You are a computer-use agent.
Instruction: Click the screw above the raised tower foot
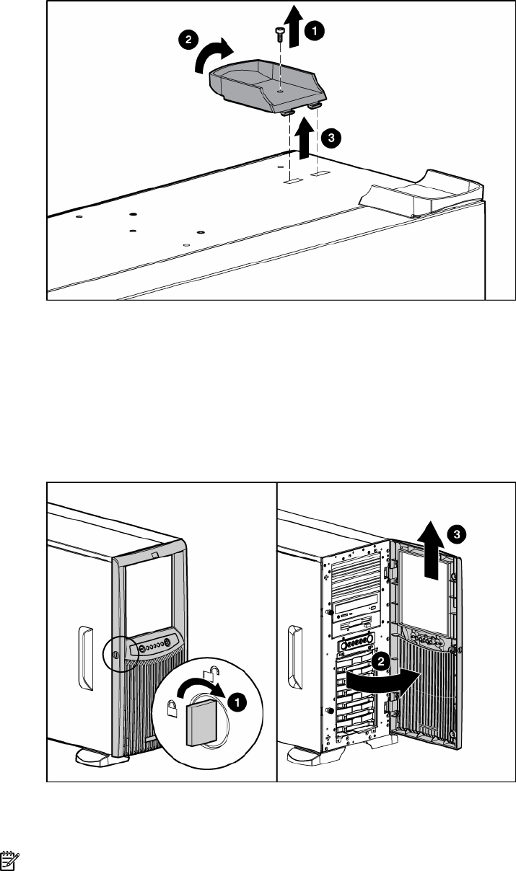click(279, 32)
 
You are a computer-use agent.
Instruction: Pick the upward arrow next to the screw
click(294, 20)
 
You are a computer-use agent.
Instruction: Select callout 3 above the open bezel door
click(455, 534)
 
